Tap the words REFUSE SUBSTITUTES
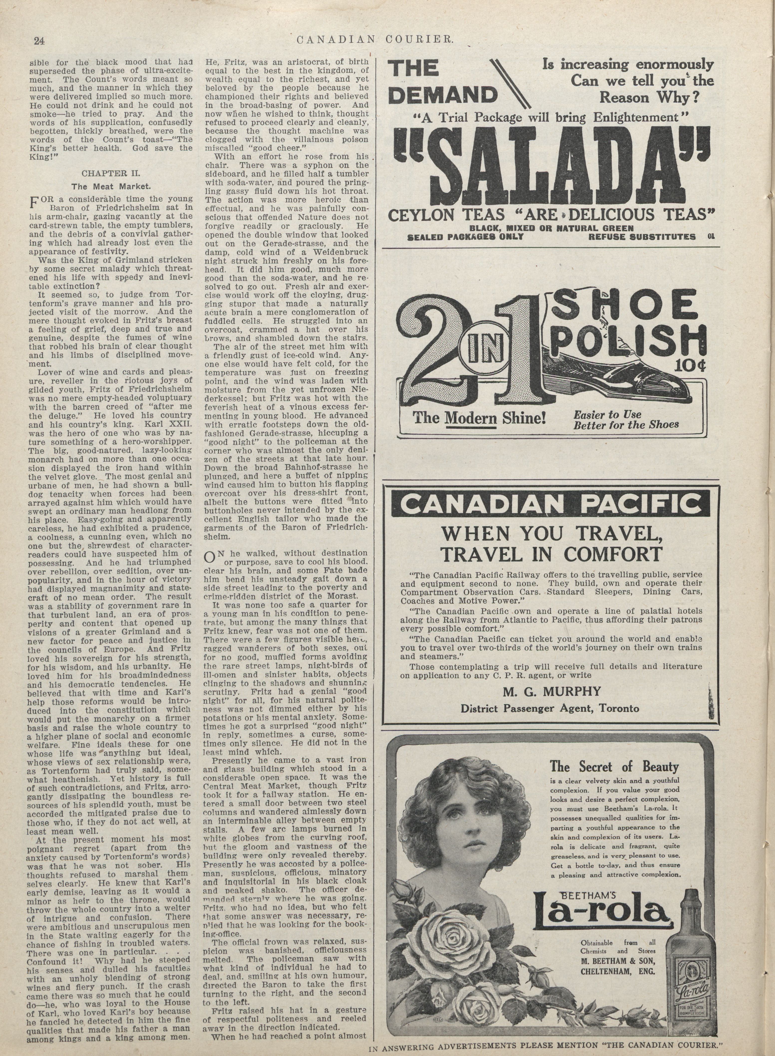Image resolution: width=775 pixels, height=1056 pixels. click(642, 236)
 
